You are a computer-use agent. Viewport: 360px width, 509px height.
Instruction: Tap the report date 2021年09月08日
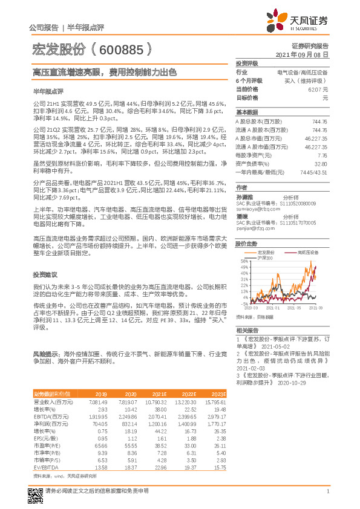point(302,54)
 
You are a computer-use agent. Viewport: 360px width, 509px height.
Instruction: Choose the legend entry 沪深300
point(265,258)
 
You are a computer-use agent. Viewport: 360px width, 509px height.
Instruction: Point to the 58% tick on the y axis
point(243,261)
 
